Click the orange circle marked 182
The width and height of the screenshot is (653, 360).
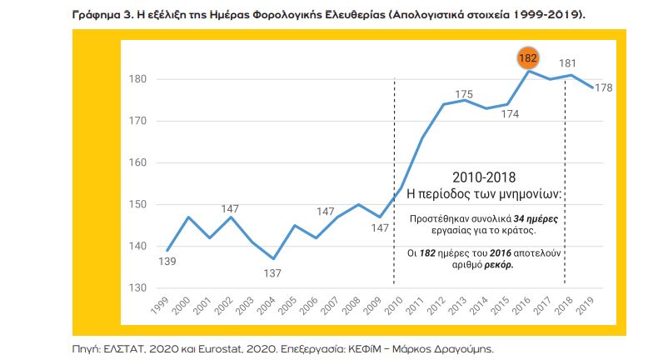(x=528, y=58)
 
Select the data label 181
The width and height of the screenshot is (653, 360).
(x=569, y=62)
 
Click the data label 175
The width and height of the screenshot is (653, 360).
(x=464, y=94)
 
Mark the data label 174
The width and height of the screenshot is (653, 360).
(x=507, y=115)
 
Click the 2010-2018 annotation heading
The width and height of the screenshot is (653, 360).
(x=484, y=177)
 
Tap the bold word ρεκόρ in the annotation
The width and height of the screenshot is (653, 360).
(x=496, y=263)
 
